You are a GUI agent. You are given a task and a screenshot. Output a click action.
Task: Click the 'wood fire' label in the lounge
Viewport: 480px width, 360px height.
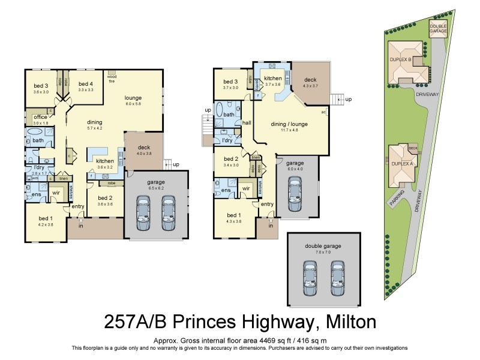[x=112, y=79]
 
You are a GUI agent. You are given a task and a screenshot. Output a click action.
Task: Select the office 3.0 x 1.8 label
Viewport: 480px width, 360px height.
[x=40, y=120]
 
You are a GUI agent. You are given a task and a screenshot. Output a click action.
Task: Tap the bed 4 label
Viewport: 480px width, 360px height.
[x=86, y=86]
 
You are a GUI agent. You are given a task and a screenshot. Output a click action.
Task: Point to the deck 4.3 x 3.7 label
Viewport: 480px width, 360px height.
[x=310, y=83]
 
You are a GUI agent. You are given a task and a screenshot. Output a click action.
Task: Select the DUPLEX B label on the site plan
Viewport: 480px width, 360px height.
[x=401, y=60]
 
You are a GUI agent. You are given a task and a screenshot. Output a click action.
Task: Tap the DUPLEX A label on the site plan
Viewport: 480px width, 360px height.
[x=400, y=163]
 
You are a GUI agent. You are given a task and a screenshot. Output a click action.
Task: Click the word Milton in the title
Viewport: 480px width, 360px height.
[x=346, y=322]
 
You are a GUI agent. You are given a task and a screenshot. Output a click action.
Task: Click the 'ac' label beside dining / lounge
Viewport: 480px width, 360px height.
[x=323, y=112]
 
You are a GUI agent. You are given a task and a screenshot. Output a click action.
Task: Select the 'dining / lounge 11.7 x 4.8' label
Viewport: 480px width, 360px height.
[x=290, y=127]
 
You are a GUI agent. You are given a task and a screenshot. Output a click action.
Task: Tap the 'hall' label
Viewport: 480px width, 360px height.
[x=246, y=123]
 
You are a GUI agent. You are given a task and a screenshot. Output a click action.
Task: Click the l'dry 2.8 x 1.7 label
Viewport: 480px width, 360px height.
[x=39, y=169]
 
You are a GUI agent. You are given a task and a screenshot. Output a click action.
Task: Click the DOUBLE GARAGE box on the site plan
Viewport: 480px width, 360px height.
[x=437, y=28]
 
